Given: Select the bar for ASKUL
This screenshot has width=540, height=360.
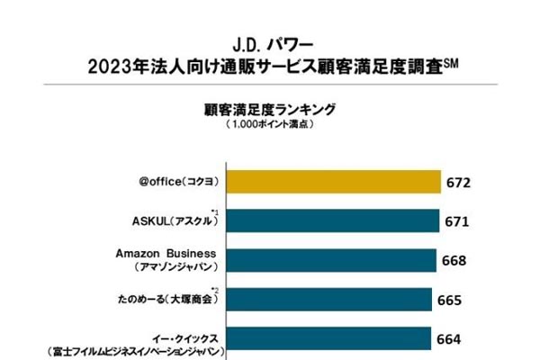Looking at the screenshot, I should click(x=332, y=221).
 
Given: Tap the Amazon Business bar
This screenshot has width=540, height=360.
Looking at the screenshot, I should click(x=331, y=260).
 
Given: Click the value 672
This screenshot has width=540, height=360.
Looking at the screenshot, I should click(x=458, y=183).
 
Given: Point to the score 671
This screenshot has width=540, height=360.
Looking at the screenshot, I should click(x=456, y=221).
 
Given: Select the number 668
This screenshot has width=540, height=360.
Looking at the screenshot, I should click(x=454, y=261).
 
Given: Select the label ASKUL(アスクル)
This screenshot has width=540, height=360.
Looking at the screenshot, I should click(x=170, y=221).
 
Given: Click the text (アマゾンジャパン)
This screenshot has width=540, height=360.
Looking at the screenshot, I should click(x=170, y=268).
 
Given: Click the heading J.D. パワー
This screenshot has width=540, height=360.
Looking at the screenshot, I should click(x=270, y=42).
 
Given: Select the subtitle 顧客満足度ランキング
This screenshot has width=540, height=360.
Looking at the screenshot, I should click(x=270, y=109).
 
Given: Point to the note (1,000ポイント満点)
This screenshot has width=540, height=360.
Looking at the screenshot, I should click(x=269, y=126).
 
